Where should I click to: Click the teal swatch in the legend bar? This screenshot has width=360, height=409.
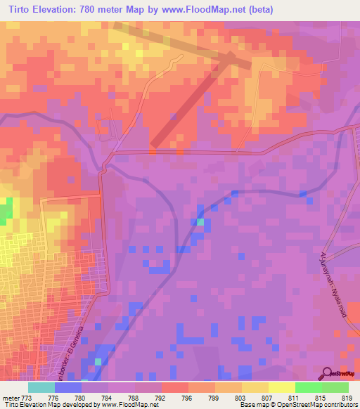coord(41,387)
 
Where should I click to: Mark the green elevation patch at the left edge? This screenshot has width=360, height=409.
coord(6,212)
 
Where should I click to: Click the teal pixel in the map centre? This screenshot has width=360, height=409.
coord(200,222)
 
